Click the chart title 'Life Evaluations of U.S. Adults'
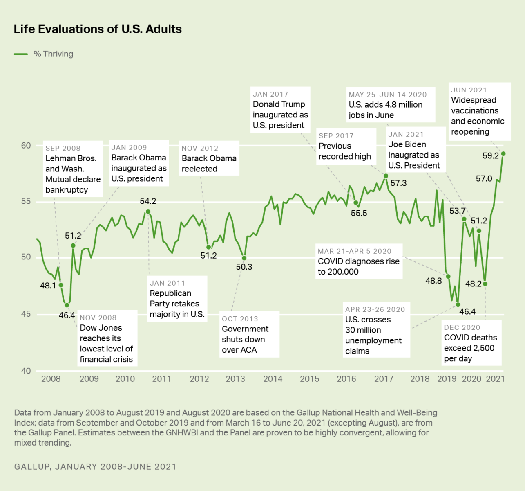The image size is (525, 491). [x=98, y=29]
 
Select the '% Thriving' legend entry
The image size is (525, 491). [x=53, y=54]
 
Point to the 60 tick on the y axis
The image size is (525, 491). [x=26, y=146]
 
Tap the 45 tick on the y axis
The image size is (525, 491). [x=26, y=314]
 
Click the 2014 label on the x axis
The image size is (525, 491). [x=273, y=379]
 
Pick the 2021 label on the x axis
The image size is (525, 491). [x=495, y=379]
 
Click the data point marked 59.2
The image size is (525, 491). [x=503, y=154]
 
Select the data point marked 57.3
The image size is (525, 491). [x=386, y=176]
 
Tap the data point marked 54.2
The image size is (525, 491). [x=148, y=212]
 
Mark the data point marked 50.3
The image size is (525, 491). [x=244, y=258]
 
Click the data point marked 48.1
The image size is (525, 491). [x=61, y=285]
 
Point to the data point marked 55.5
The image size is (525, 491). [x=356, y=203]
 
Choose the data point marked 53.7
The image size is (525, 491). [x=464, y=219]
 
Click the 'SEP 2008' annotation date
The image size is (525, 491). [x=63, y=149]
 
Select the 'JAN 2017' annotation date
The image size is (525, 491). [x=270, y=95]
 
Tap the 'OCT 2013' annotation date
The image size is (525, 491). [x=240, y=319]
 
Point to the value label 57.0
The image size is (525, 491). [x=484, y=179]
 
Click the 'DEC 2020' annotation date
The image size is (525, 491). [x=462, y=328]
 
